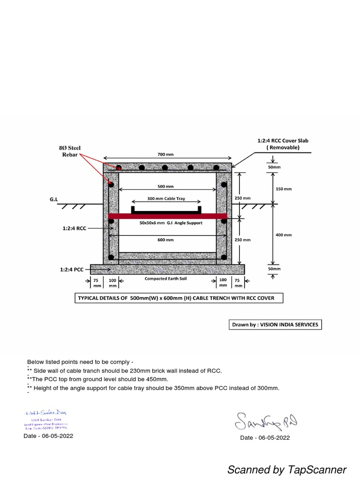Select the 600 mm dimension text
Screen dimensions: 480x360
pos(166,240)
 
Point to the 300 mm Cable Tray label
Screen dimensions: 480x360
pos(166,199)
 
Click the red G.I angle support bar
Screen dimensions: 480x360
pos(168,216)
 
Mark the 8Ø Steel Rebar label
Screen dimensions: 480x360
pos(68,151)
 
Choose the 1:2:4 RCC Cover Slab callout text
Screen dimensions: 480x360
pos(283,143)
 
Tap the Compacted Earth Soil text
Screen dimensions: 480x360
pos(166,279)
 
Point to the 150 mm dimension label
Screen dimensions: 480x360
pos(284,189)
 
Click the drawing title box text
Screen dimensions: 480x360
pos(179,298)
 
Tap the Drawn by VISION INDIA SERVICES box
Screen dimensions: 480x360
pos(275,324)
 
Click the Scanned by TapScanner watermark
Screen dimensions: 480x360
pos(287,470)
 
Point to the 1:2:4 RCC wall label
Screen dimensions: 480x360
pos(74,228)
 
